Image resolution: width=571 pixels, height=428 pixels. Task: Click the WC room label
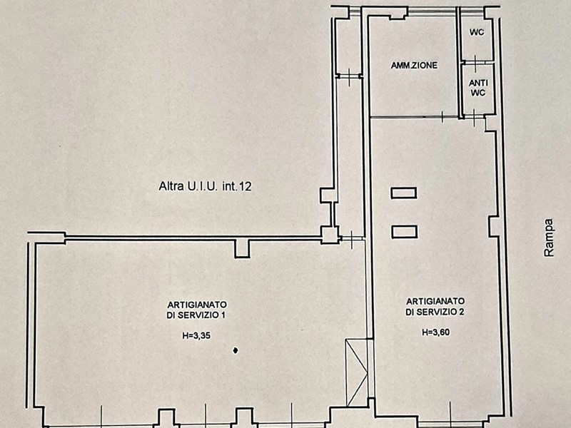[x=477, y=32]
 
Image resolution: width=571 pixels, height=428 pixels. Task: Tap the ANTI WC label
[x=478, y=88]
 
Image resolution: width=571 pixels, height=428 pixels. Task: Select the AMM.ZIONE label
[x=414, y=66]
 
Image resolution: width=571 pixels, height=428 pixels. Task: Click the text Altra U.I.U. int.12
[x=205, y=186]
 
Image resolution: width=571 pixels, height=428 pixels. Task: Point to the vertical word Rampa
[x=548, y=238]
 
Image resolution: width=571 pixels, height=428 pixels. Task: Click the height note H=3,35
[x=196, y=336]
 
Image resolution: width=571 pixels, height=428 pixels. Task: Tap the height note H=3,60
[x=435, y=332]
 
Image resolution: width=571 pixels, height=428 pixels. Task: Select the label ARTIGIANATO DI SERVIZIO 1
[x=197, y=310]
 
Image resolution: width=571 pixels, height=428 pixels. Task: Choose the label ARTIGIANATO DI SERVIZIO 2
[x=435, y=307]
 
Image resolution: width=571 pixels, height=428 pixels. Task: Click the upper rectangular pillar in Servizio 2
[x=403, y=193]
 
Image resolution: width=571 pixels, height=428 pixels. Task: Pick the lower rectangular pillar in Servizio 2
[x=404, y=232]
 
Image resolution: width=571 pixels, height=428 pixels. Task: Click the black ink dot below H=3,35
[x=236, y=350]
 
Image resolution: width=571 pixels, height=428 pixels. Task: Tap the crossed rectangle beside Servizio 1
[x=357, y=372]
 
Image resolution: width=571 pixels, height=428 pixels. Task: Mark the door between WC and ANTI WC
[x=475, y=62]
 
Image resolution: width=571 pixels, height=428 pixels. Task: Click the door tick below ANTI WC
[x=474, y=116]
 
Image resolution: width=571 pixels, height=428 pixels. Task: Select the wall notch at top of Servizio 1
[x=242, y=248]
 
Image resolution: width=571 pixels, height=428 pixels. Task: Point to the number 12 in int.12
[x=246, y=187]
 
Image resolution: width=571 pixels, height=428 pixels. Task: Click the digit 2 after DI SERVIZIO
[x=462, y=312]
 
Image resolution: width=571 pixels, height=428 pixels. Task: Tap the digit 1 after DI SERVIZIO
[x=223, y=315]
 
